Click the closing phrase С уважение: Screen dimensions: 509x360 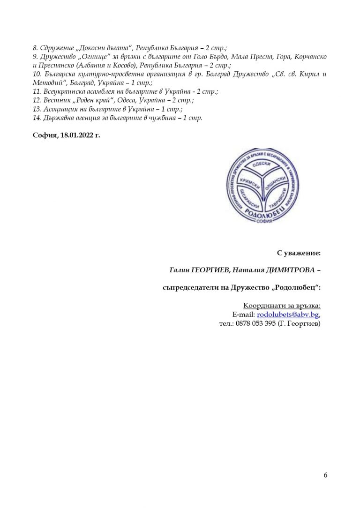[x=299, y=253]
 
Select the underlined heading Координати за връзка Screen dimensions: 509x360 [x=282, y=306]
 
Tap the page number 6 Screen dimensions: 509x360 [x=325, y=476]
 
